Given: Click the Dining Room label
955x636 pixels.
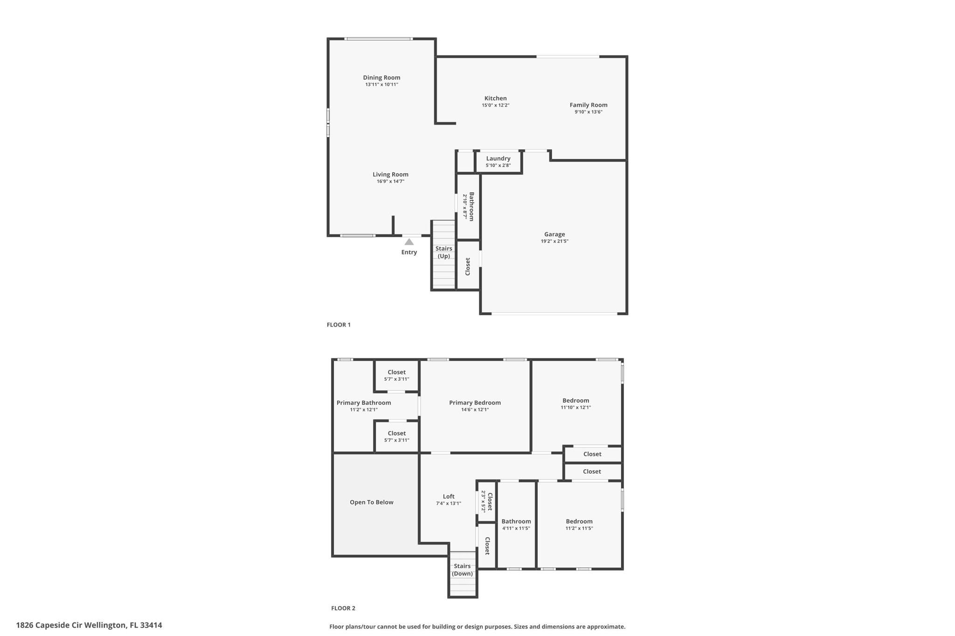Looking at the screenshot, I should [x=381, y=78].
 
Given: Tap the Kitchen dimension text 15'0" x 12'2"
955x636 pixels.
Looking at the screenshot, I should [x=495, y=105].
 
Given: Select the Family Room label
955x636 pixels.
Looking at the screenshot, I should [x=588, y=105].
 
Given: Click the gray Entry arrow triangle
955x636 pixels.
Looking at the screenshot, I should [x=409, y=242].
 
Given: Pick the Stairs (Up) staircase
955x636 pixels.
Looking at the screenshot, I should [x=443, y=254].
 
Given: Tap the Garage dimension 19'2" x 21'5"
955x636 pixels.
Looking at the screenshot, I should [x=554, y=241].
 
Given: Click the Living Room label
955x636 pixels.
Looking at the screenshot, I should [x=390, y=175].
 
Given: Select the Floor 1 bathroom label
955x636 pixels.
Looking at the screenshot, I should [x=471, y=206].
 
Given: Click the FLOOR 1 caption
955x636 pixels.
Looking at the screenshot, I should [x=339, y=325].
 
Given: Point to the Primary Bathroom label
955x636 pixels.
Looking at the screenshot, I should [x=364, y=403].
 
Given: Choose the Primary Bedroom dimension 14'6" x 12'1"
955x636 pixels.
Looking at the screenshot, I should [x=475, y=410].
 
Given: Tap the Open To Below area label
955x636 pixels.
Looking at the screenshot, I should [x=372, y=502].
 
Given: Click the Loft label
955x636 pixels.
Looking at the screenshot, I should [x=449, y=497].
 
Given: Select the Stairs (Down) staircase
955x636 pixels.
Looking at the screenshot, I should [x=463, y=573].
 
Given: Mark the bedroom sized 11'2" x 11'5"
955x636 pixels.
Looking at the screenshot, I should [x=579, y=525].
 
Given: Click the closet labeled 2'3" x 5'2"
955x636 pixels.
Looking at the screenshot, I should [x=486, y=501].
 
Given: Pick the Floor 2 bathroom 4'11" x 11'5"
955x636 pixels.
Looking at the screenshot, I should [x=516, y=525].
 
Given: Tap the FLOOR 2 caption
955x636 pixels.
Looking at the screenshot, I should [x=343, y=608].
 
